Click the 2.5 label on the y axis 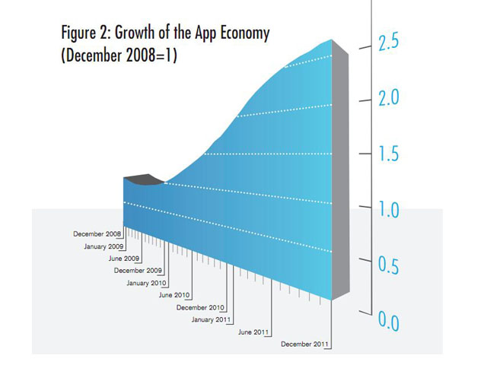coord(390,43)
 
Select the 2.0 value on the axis coord(390,99)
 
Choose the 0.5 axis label coord(390,265)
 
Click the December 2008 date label coord(97,233)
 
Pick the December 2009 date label coord(138,270)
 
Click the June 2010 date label coord(173,294)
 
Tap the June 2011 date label coord(253,332)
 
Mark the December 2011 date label coord(305,344)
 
